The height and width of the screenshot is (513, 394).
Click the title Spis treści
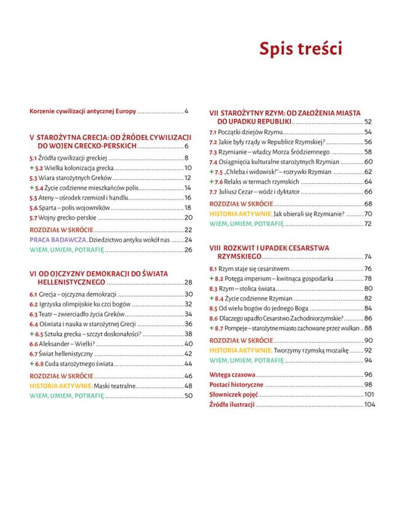coord(300,49)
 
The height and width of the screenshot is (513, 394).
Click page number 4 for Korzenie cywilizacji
coord(185,112)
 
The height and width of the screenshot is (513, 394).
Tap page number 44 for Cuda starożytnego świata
coord(189,363)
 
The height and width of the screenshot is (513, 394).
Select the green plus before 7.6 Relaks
coord(211,181)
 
